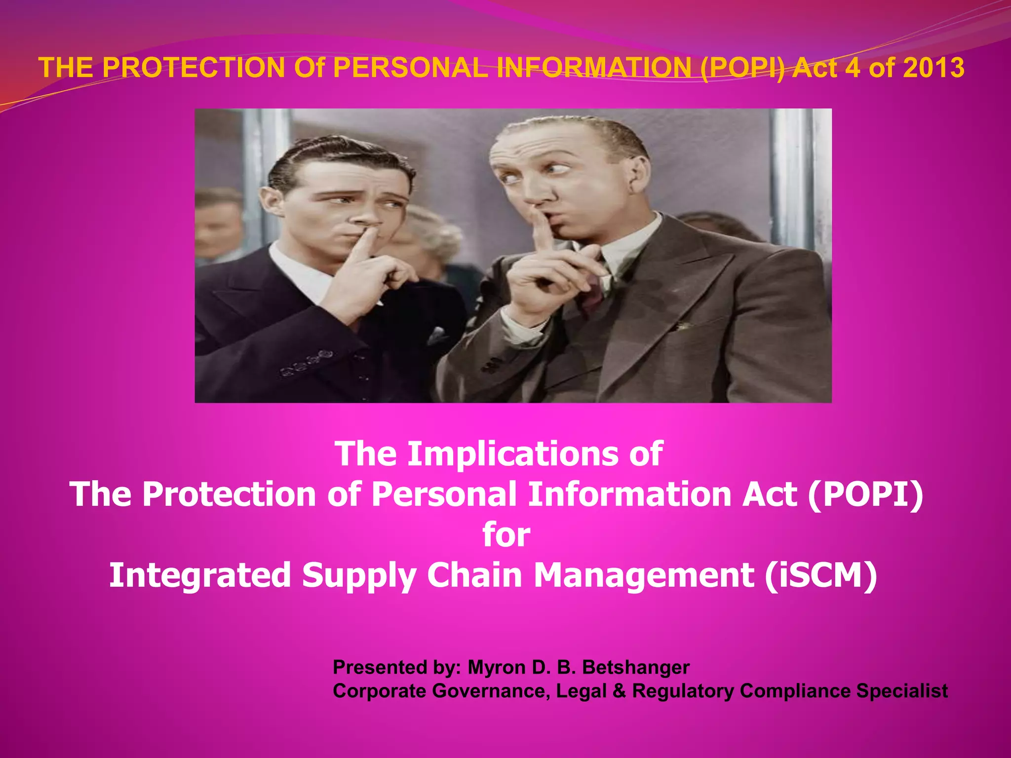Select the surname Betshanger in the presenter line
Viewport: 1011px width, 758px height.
[636, 667]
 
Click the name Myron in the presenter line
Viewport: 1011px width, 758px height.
[497, 667]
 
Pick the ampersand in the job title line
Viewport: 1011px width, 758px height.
[619, 691]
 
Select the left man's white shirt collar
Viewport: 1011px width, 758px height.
[296, 271]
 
